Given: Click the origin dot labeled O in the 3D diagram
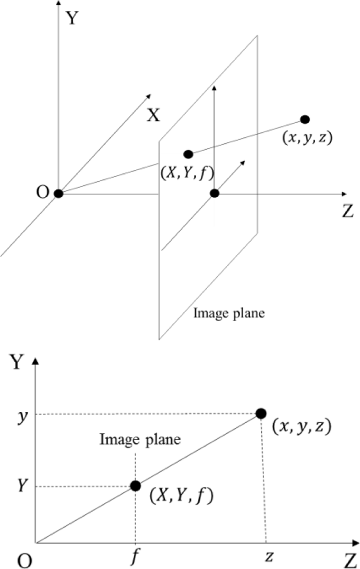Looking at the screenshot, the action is tap(58, 194).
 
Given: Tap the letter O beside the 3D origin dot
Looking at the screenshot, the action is tap(42, 192).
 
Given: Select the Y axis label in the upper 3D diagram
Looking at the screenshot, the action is tap(72, 18).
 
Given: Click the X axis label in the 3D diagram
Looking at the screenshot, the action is tap(154, 115).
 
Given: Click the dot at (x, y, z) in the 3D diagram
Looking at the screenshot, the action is tap(305, 119).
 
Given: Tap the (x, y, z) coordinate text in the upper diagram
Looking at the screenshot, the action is tap(307, 138).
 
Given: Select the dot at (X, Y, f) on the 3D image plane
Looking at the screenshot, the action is tap(188, 154).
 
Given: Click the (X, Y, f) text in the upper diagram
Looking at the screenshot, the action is tap(188, 175).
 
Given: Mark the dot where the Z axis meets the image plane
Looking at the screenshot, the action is tap(215, 194).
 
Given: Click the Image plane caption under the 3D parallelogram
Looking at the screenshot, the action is tap(229, 313).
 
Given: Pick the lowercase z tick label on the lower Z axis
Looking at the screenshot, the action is tap(269, 556).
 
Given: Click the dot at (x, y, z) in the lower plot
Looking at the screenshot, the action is tap(261, 414).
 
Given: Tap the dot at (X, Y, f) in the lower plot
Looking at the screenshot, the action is tap(135, 486).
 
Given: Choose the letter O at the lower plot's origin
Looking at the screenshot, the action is tap(25, 561).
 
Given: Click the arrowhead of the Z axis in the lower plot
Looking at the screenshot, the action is tap(356, 543).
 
